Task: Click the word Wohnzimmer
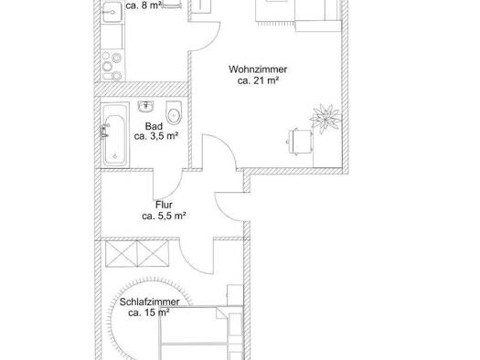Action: [x=258, y=69]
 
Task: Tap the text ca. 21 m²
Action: [x=258, y=80]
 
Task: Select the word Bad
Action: [x=154, y=126]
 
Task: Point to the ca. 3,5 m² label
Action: [x=156, y=136]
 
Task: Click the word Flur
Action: [x=164, y=205]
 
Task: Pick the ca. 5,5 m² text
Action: [x=164, y=216]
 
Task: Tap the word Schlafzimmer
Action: [x=149, y=302]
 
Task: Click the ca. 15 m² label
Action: [x=149, y=312]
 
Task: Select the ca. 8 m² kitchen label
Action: [x=144, y=5]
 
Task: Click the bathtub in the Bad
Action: [x=115, y=135]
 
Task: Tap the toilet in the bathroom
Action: [x=174, y=112]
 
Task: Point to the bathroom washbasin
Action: [x=145, y=106]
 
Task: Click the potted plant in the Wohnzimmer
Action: [x=325, y=119]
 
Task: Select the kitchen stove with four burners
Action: [x=112, y=66]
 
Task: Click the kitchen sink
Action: [x=112, y=12]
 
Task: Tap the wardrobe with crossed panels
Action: [x=137, y=254]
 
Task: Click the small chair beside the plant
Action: [x=300, y=142]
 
